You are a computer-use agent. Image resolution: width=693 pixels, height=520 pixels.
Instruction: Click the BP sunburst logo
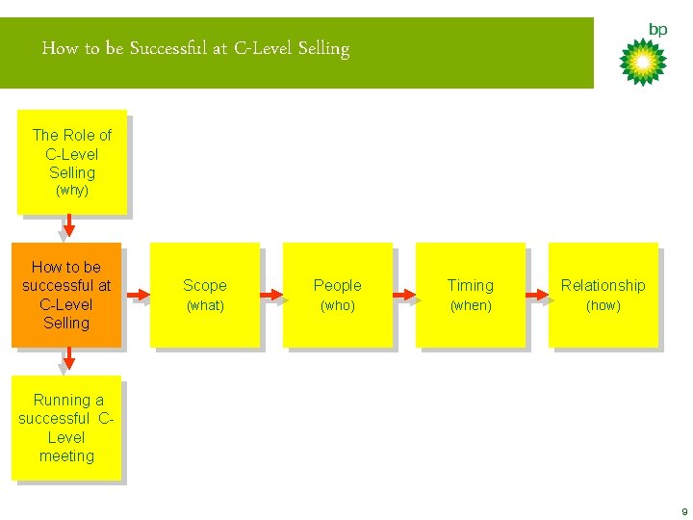(642, 62)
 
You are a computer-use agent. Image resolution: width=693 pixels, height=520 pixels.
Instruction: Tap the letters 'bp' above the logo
(658, 29)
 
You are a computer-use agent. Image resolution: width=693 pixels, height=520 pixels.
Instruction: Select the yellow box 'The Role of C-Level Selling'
(72, 161)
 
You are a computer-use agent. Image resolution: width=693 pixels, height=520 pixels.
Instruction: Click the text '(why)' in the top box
(72, 191)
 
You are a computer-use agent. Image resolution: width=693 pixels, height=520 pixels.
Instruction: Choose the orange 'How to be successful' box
(66, 295)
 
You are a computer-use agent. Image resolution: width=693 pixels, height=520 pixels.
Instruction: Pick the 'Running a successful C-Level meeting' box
(66, 428)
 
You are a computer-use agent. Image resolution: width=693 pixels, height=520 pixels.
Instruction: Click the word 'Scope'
(205, 285)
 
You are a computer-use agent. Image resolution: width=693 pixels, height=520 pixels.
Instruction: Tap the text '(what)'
(205, 305)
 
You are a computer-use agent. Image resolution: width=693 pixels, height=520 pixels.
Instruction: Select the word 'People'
(337, 285)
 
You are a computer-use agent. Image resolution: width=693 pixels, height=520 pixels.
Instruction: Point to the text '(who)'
(337, 305)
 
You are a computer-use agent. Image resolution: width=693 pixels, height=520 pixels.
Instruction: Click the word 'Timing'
(471, 285)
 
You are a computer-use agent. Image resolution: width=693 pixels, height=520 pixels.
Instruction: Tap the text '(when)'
(471, 305)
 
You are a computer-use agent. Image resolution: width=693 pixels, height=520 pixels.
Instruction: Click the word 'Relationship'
(603, 285)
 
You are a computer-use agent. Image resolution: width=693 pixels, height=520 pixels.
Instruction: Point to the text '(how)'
(603, 305)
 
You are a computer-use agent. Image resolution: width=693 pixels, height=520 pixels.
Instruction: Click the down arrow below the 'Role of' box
(68, 226)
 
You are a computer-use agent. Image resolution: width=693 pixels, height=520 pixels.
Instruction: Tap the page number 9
(682, 511)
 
